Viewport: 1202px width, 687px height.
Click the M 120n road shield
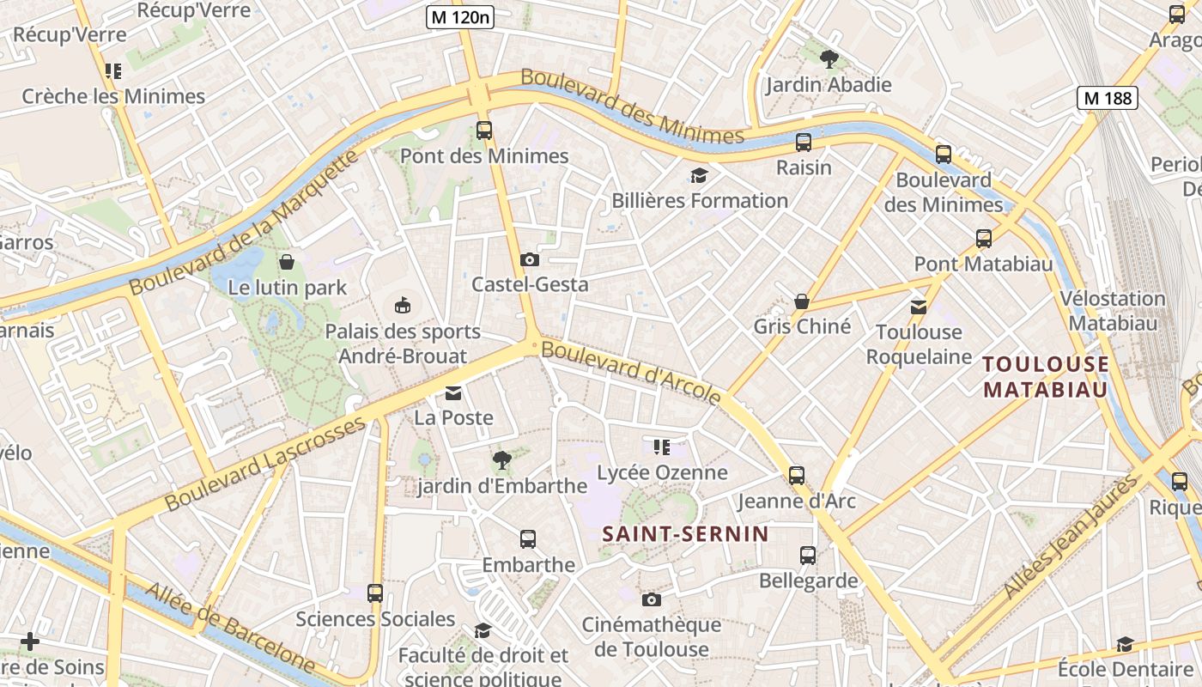click(460, 16)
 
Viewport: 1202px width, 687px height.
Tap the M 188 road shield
click(1108, 98)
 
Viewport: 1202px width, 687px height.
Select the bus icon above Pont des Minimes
click(484, 131)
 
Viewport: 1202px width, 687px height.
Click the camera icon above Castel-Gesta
click(530, 259)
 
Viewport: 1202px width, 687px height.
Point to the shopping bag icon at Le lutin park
click(287, 261)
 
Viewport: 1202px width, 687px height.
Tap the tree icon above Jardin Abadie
click(829, 59)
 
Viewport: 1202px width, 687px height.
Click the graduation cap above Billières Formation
click(700, 176)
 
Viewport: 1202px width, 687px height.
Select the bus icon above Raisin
click(804, 143)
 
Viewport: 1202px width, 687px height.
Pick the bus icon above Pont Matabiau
click(984, 239)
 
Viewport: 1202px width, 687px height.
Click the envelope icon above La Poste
click(453, 393)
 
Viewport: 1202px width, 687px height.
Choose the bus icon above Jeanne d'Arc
click(797, 475)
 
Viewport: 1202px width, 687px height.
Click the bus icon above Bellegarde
click(808, 556)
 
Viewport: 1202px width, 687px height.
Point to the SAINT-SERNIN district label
click(685, 534)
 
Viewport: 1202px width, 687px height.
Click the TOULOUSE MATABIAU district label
click(1046, 377)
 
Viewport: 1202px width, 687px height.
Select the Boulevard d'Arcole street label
click(631, 372)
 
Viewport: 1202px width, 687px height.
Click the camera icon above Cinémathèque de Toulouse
click(652, 599)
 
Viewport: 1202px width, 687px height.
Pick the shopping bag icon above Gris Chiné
click(802, 301)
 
